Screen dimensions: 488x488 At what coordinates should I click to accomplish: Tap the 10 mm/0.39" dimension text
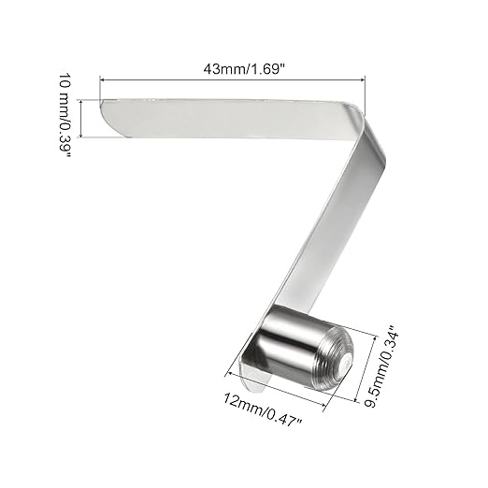67,118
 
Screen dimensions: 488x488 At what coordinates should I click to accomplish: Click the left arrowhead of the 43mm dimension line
104,79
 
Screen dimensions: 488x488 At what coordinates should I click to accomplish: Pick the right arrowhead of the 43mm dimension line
361,79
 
